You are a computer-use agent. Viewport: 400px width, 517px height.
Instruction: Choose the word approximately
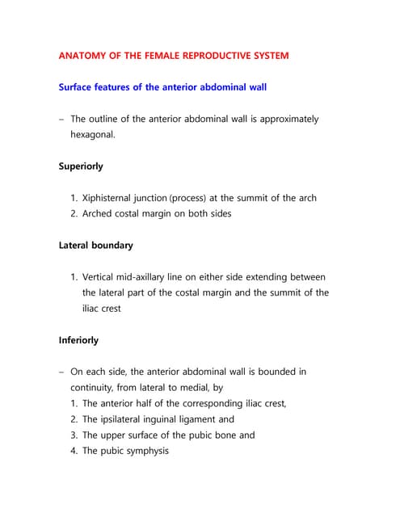pyautogui.click(x=284, y=120)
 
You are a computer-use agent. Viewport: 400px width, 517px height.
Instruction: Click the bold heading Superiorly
pyautogui.click(x=81, y=166)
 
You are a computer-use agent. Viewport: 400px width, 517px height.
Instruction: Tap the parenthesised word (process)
pyautogui.click(x=195, y=198)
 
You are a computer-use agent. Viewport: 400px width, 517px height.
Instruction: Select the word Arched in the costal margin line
pyautogui.click(x=101, y=213)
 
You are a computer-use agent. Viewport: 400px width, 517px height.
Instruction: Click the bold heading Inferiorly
pyautogui.click(x=78, y=340)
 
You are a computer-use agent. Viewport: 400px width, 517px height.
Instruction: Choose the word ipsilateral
pyautogui.click(x=131, y=419)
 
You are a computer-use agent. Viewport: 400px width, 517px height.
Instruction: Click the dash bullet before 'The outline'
pyautogui.click(x=61, y=120)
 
